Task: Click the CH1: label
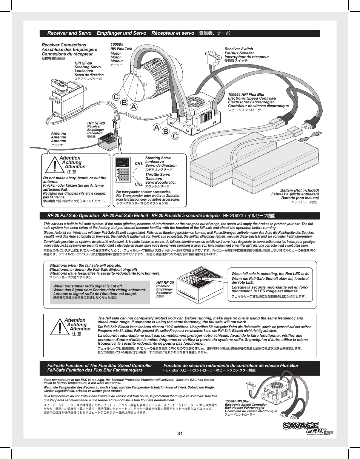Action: [x=139, y=164]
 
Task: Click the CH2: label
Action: [x=139, y=184]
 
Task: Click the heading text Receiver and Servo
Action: [x=69, y=33]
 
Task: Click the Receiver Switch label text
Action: [x=238, y=49]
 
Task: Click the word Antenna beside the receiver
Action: [x=58, y=134]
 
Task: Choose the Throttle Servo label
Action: [x=157, y=175]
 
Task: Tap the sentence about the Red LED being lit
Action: [x=270, y=273]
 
